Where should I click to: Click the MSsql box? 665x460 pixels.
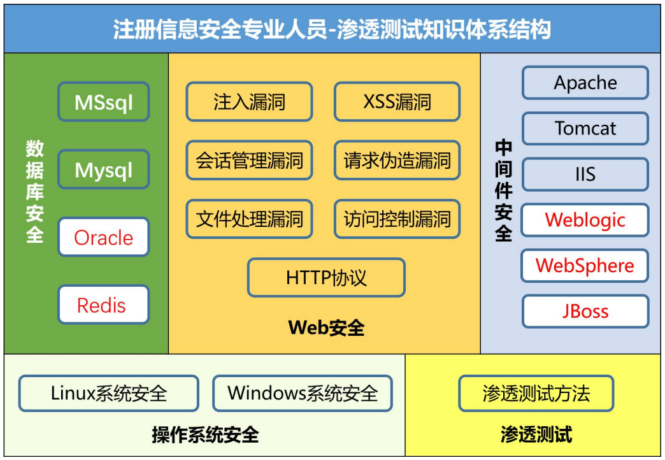pyautogui.click(x=103, y=102)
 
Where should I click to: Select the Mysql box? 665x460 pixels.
pyautogui.click(x=103, y=169)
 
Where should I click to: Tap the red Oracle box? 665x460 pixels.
pyautogui.click(x=103, y=237)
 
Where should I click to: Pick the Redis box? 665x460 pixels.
pyautogui.click(x=103, y=305)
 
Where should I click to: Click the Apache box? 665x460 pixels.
pyautogui.click(x=585, y=83)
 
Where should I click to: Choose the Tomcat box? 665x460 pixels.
pyautogui.click(x=585, y=129)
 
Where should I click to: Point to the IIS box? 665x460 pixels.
pyautogui.click(x=585, y=175)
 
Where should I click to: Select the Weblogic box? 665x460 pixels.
pyautogui.click(x=585, y=220)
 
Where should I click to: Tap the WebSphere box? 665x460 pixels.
pyautogui.click(x=585, y=266)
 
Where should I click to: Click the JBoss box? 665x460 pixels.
pyautogui.click(x=585, y=312)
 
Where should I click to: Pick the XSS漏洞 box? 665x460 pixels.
pyautogui.click(x=397, y=102)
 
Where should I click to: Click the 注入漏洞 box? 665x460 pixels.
pyautogui.click(x=250, y=102)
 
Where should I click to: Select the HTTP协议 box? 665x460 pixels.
pyautogui.click(x=326, y=278)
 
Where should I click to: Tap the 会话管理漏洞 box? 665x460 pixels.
pyautogui.click(x=250, y=161)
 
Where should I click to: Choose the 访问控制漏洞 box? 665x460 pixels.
pyautogui.click(x=397, y=219)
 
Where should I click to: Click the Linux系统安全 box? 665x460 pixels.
pyautogui.click(x=108, y=393)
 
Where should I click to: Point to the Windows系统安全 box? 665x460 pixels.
pyautogui.click(x=303, y=393)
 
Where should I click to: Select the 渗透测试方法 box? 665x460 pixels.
pyautogui.click(x=536, y=393)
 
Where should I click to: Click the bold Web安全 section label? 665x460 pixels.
pyautogui.click(x=326, y=328)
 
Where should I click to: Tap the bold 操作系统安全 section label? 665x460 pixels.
pyautogui.click(x=205, y=435)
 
